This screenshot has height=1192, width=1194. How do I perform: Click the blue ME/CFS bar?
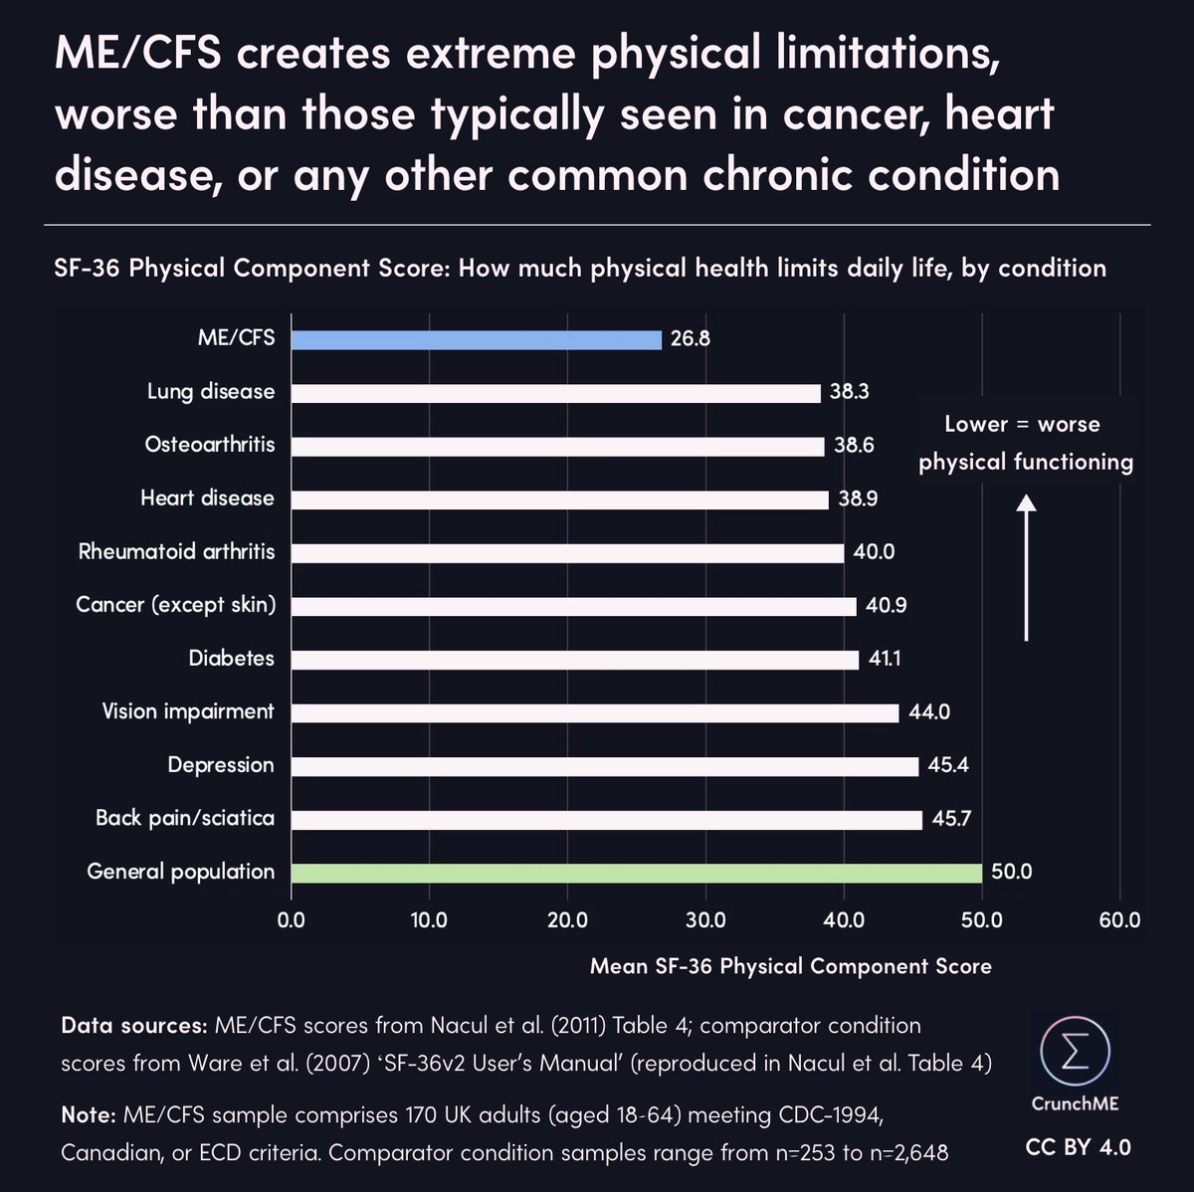477,339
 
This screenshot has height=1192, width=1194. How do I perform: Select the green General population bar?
637,873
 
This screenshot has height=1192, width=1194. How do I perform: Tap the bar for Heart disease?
560,499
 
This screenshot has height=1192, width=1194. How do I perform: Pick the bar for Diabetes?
575,660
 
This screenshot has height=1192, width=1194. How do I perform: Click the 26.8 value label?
690,339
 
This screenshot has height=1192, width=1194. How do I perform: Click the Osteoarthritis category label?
210,445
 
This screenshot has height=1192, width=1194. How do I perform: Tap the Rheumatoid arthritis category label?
176,551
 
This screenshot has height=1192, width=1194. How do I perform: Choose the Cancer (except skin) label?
175,605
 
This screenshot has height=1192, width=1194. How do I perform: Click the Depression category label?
220,765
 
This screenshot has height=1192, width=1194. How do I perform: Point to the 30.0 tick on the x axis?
705,921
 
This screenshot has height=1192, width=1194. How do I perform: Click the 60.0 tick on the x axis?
1119,921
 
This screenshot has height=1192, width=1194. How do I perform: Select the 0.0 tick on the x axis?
292,921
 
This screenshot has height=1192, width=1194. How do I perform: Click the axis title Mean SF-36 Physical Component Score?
790,966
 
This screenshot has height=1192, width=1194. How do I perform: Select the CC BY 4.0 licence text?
1078,1147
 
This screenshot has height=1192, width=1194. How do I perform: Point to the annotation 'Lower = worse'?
1022,425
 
